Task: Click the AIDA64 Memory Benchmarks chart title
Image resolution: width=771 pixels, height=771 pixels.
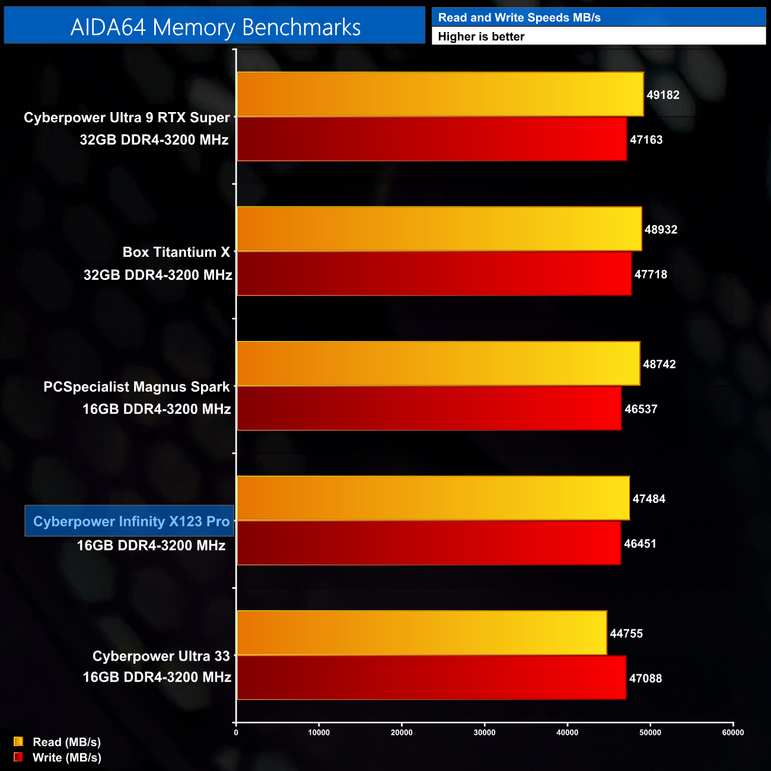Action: click(215, 27)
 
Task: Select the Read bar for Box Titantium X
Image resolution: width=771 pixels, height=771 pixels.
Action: click(439, 229)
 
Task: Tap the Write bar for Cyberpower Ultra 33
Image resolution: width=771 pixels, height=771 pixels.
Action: click(431, 677)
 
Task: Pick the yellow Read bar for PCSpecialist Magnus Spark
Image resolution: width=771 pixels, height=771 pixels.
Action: click(438, 364)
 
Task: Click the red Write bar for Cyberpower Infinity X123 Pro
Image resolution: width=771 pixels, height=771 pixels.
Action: click(428, 543)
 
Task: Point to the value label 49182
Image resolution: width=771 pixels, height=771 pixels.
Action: click(662, 95)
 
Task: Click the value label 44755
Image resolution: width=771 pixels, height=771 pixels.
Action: click(626, 633)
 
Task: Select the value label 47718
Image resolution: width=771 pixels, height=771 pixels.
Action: click(651, 275)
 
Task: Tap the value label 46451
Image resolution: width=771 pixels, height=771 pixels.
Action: click(640, 544)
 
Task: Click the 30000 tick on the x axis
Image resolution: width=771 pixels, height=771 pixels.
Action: click(485, 732)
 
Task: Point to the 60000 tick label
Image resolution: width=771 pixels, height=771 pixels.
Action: click(733, 732)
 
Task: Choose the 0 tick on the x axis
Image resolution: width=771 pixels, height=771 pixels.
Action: click(236, 732)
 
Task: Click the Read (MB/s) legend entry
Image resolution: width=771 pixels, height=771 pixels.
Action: click(66, 742)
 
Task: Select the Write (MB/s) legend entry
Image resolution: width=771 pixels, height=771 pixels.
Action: click(66, 757)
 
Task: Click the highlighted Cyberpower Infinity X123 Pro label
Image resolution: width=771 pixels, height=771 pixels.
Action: click(130, 521)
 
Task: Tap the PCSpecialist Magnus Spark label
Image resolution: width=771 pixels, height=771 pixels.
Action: click(136, 387)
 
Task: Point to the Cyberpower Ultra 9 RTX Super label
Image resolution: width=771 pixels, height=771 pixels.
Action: click(126, 118)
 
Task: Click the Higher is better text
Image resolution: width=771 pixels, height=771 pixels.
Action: click(481, 37)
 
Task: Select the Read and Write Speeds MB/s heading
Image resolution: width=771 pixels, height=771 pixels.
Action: click(519, 18)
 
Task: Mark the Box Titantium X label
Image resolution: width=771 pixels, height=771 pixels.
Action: click(176, 253)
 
